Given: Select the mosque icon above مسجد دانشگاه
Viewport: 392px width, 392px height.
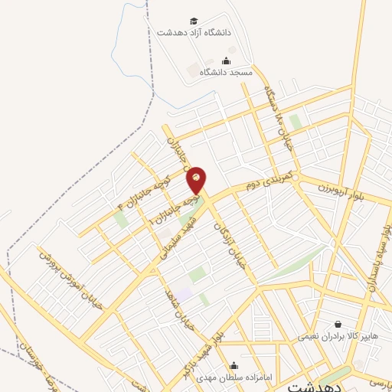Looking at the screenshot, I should (225, 60).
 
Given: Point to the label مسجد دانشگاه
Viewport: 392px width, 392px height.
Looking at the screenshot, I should (226, 72).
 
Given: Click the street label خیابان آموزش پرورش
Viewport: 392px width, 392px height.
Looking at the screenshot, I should (70, 279).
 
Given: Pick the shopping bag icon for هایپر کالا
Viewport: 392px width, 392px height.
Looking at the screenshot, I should (338, 324).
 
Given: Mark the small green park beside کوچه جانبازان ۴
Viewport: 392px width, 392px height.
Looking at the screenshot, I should (120, 220).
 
